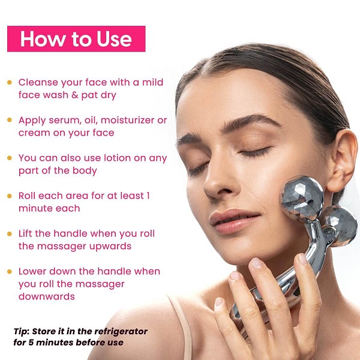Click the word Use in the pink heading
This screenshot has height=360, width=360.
click(114, 39)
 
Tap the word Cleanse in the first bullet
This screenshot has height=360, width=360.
click(38, 82)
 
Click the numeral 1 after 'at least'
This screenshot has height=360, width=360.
click(148, 196)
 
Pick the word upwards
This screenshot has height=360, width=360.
click(110, 247)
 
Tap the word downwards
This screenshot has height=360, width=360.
click(47, 296)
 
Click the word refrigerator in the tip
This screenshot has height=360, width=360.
click(121, 332)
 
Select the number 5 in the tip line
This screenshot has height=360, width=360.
click(31, 343)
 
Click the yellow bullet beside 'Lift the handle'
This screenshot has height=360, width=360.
click(10, 234)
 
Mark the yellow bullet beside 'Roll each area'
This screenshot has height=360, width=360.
click(10, 196)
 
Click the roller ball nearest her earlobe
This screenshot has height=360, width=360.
click(341, 225)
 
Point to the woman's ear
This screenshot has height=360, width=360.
click(342, 161)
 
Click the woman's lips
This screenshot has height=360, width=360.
click(234, 220)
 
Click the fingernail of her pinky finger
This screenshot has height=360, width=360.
click(218, 301)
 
